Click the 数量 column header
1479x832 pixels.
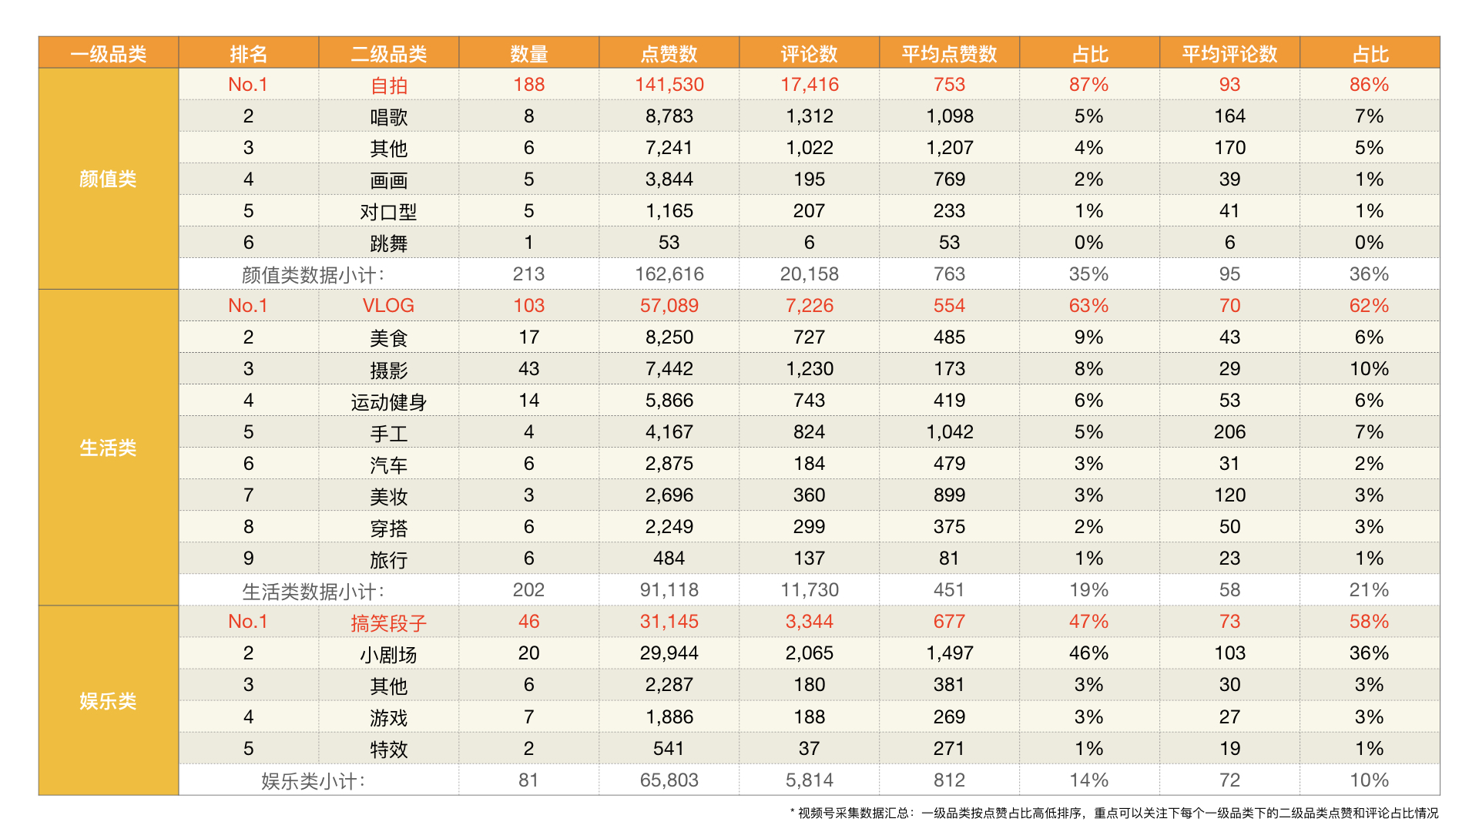pyautogui.click(x=528, y=54)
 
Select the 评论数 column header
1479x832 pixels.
pyautogui.click(x=809, y=54)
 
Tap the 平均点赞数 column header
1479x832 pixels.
pyautogui.click(x=949, y=54)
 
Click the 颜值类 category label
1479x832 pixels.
pyautogui.click(x=108, y=179)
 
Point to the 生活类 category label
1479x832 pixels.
pyautogui.click(x=108, y=448)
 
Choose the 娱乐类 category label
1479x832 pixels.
pyautogui.click(x=108, y=701)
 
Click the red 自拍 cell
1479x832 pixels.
pyautogui.click(x=388, y=86)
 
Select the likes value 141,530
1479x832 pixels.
pyautogui.click(x=669, y=85)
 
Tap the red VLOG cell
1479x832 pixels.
pyautogui.click(x=388, y=306)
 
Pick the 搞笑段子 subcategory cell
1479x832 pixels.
pyautogui.click(x=388, y=622)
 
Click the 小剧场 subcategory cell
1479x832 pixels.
pyautogui.click(x=388, y=654)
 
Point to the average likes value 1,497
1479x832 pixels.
pyautogui.click(x=949, y=653)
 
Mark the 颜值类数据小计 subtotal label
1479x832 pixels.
pyautogui.click(x=313, y=275)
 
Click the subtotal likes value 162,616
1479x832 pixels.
pyautogui.click(x=669, y=274)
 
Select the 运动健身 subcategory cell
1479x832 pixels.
pyautogui.click(x=388, y=401)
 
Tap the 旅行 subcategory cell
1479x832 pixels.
pyautogui.click(x=388, y=559)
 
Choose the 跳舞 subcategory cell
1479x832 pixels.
pyautogui.click(x=388, y=243)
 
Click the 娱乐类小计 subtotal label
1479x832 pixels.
pyautogui.click(x=313, y=781)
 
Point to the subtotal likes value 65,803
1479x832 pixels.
pyautogui.click(x=669, y=780)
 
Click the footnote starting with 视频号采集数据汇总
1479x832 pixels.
pyautogui.click(x=1117, y=813)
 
